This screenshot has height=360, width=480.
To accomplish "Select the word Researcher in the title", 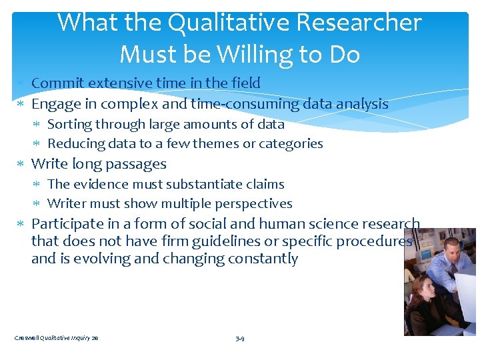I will coord(360,23).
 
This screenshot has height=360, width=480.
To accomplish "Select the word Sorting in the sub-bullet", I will coord(71,124).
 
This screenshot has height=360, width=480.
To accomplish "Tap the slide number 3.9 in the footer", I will coord(240,339).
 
